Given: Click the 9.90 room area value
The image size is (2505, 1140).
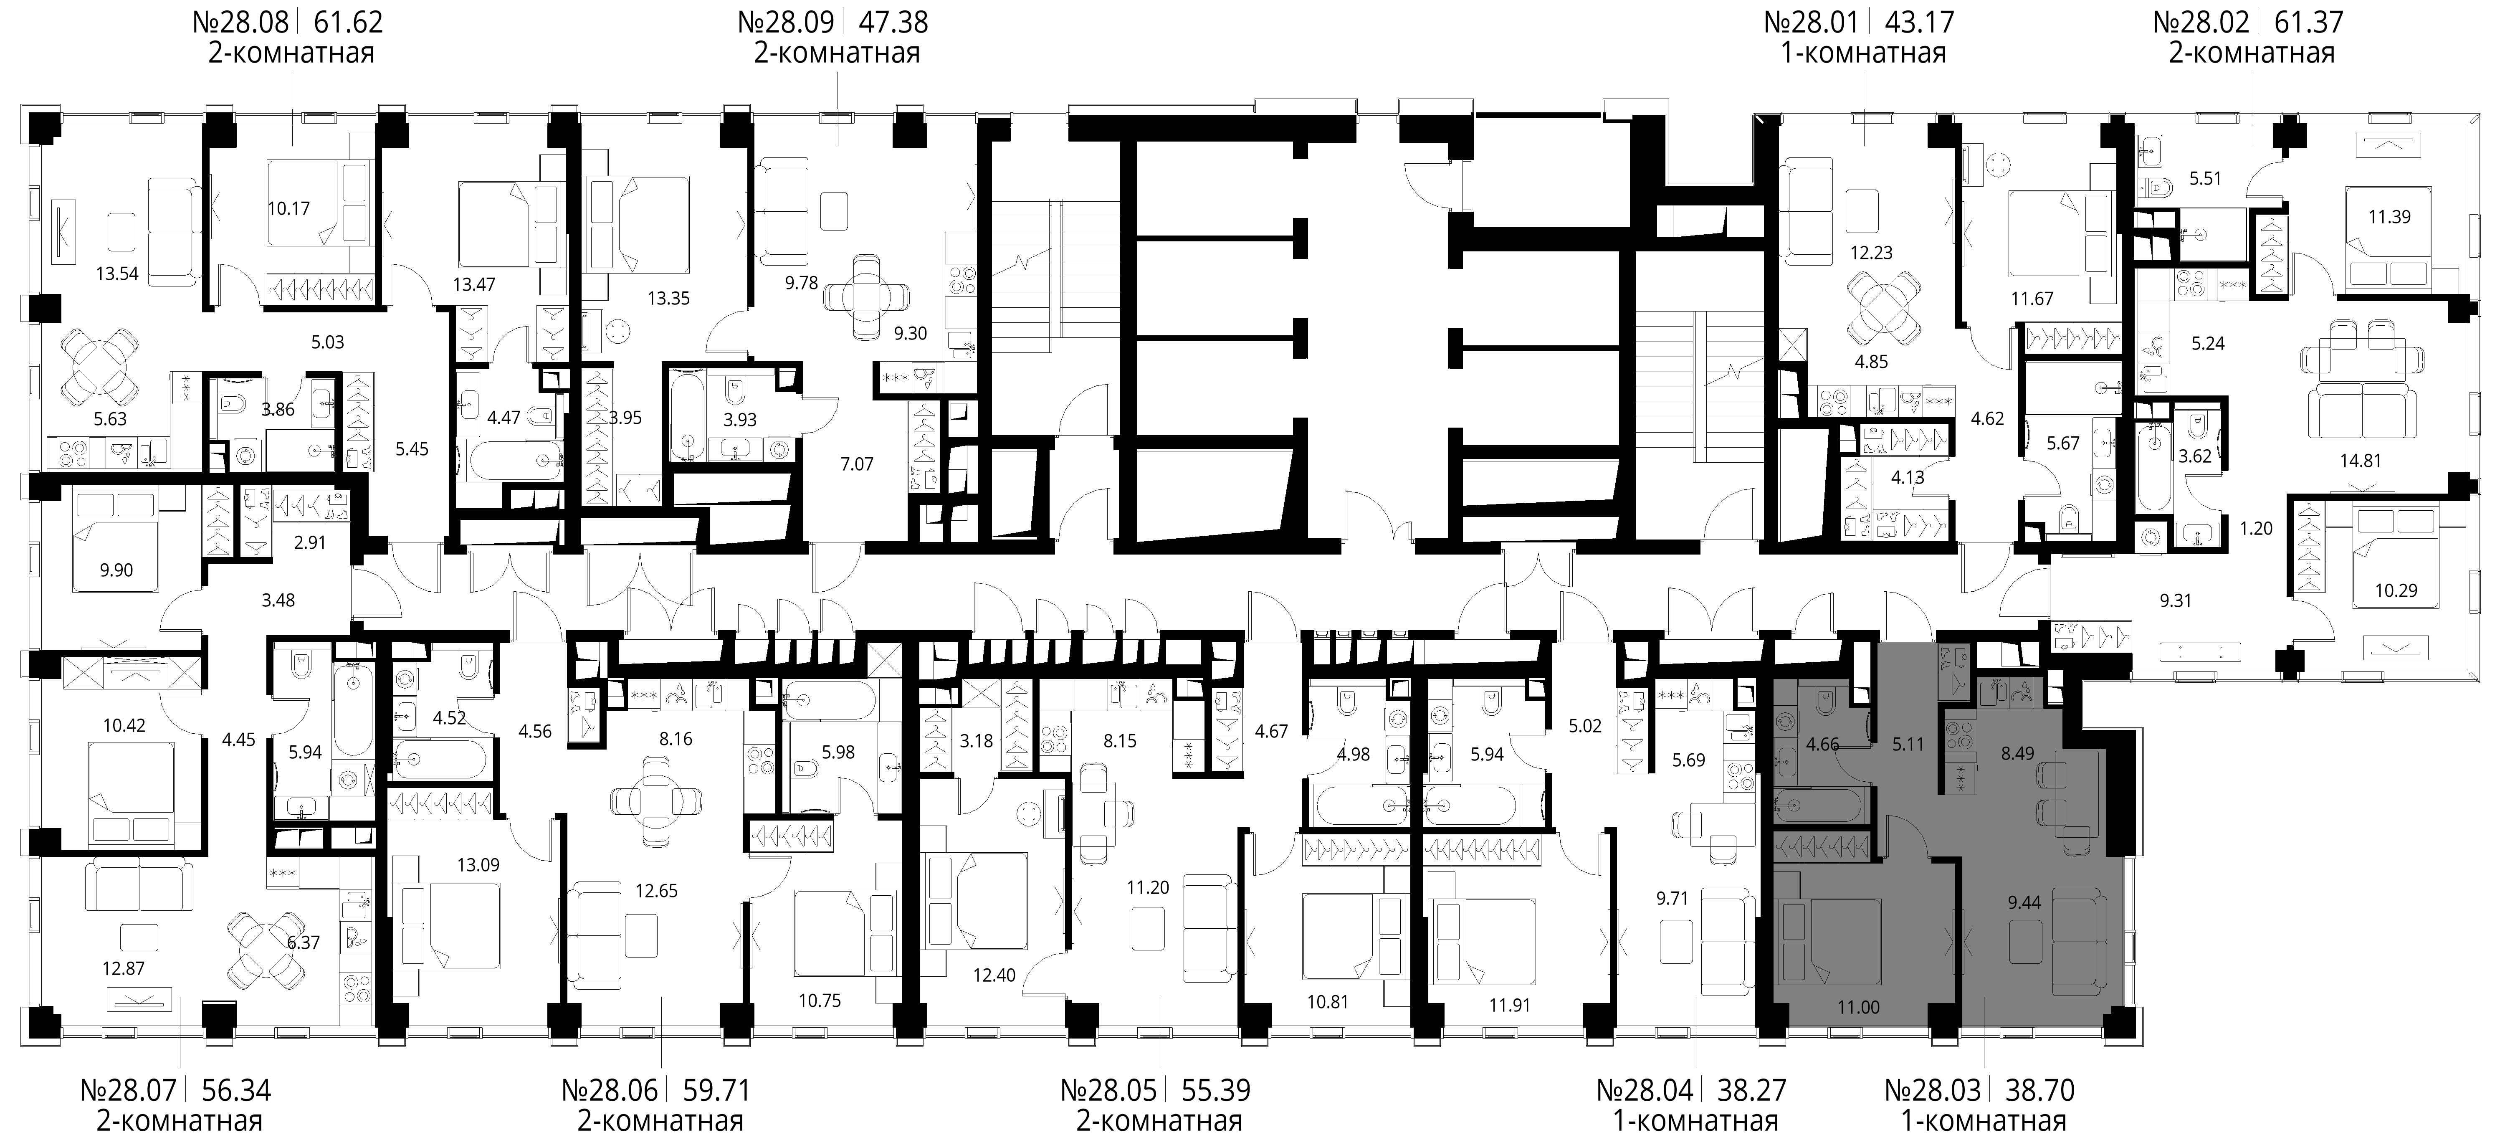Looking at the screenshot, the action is [x=116, y=570].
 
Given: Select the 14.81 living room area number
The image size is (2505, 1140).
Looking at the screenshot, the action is [x=2360, y=461].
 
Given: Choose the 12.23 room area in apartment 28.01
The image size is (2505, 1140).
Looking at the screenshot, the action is [x=1871, y=253].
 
